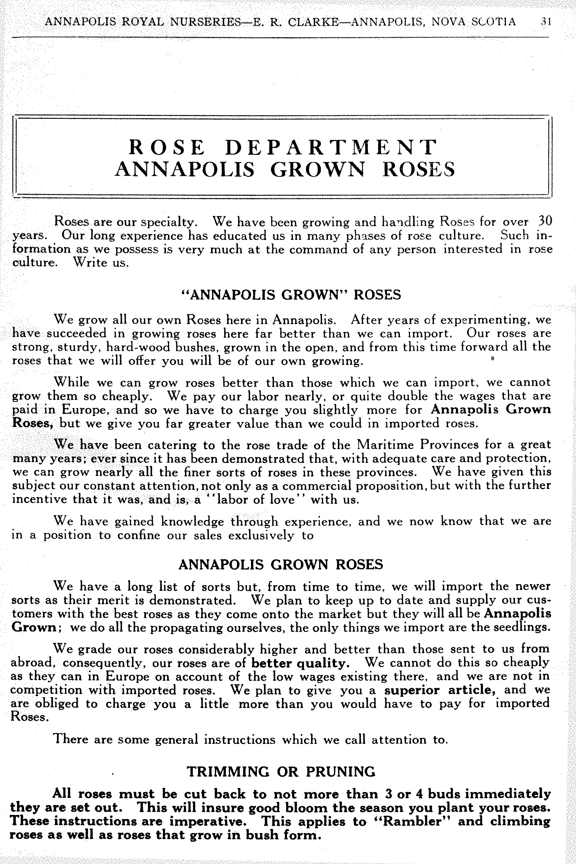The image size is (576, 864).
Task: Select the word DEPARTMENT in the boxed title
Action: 331,147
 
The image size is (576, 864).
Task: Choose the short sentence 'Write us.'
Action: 101,263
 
